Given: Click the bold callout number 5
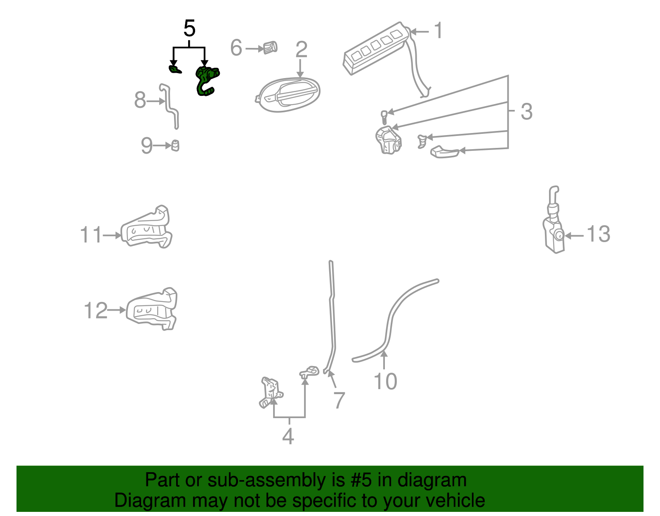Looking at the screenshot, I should pos(189,29).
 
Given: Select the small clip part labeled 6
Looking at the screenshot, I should pos(270,48).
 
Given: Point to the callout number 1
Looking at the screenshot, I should pos(438,31).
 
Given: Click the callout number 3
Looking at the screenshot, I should pos(526,112).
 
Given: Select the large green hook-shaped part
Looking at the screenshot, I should pos(207,81).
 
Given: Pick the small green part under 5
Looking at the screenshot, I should pos(175,69).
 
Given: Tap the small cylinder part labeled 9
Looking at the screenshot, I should pos(175,145).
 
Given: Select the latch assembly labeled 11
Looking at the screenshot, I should pos(146,228).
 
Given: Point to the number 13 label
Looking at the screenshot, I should pos(598,234).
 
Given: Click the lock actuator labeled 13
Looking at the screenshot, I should pos(553,231).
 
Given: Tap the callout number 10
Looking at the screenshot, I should pos(385,381).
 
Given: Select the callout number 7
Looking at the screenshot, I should pos(339,400).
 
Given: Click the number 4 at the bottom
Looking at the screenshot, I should pos(288,436).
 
